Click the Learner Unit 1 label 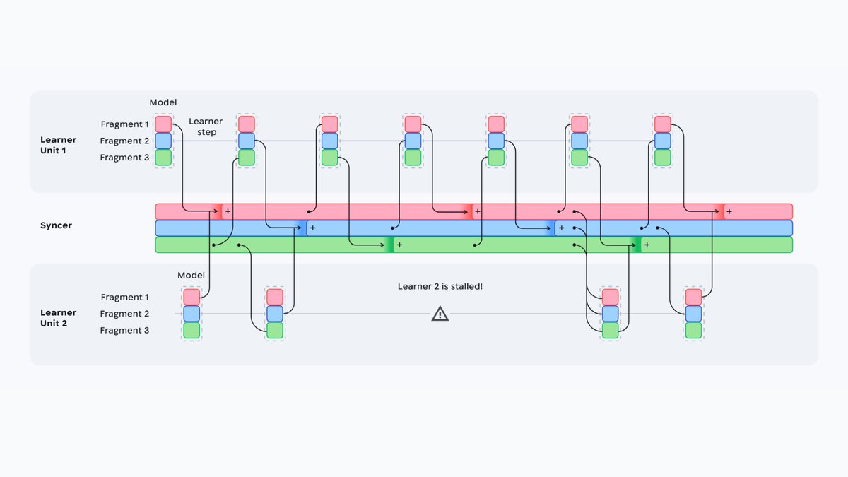pos(58,145)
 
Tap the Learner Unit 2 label pos(58,318)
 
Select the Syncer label pos(56,225)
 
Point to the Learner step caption pos(206,126)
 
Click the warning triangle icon pos(440,314)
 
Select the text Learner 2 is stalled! pos(440,287)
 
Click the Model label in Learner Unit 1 pos(163,102)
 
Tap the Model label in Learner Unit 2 pos(192,275)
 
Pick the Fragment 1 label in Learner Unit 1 pos(124,124)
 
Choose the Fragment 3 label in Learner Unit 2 pos(124,330)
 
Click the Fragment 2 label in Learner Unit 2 pos(124,314)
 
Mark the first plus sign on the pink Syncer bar pos(228,211)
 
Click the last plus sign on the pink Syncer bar pos(729,211)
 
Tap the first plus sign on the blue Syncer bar pos(312,228)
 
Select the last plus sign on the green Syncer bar pos(647,245)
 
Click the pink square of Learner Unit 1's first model pos(163,124)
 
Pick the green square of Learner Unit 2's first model pos(192,330)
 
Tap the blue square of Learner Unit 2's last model pos(693,314)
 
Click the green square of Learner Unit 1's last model pos(663,158)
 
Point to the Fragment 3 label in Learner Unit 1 pos(124,158)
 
